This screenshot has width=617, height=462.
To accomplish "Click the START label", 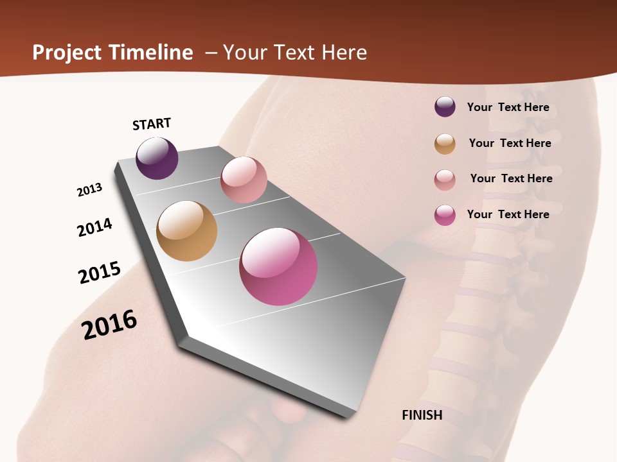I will [152, 124].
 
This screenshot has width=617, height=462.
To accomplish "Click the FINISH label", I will [422, 415].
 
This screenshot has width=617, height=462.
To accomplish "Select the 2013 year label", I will [89, 190].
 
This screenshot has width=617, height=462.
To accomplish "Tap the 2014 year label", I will [94, 227].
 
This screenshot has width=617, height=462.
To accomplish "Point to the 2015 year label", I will [100, 273].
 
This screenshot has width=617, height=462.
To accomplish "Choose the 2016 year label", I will [109, 324].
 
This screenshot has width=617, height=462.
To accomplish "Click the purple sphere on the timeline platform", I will [157, 158].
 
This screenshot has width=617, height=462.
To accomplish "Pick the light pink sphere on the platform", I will [244, 180].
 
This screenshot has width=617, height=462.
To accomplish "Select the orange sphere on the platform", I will [186, 231].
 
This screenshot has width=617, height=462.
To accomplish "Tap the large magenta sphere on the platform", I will [278, 266].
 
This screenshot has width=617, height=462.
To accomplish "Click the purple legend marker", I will [445, 107].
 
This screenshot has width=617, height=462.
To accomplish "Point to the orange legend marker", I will [445, 144].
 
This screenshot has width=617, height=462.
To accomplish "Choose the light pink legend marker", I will [445, 179].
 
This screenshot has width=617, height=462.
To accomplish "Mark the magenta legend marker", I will [445, 215].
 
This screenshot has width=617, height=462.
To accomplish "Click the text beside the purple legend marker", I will [508, 107].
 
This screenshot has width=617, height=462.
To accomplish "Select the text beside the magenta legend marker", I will [508, 214].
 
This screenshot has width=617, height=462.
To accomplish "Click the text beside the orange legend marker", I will [510, 143].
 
